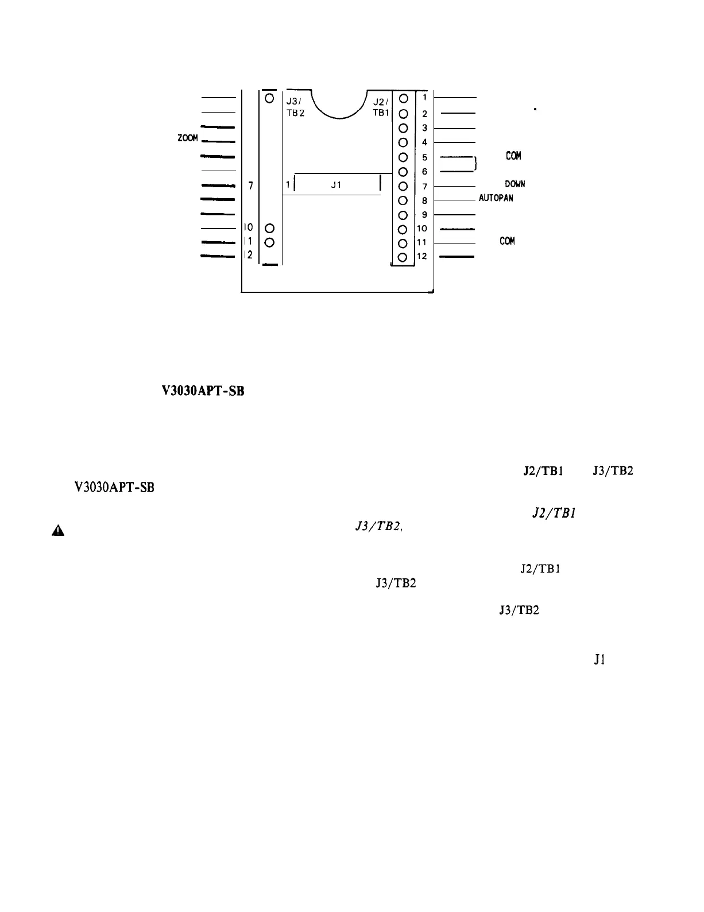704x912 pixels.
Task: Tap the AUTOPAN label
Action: click(496, 198)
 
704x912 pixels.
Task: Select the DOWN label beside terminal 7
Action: click(515, 184)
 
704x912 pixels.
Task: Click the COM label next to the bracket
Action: click(513, 156)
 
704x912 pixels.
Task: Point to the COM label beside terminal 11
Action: click(507, 241)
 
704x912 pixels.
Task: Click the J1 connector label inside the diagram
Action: click(336, 185)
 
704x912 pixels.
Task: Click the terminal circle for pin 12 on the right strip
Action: click(403, 257)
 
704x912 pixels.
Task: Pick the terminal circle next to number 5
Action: click(403, 157)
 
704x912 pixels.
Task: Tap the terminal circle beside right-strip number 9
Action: click(403, 215)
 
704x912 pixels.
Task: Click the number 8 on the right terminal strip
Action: click(424, 200)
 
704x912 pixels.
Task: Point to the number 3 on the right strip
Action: click(424, 128)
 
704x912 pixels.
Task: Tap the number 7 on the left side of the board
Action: click(251, 186)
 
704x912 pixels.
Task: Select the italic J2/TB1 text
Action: click(546, 515)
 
